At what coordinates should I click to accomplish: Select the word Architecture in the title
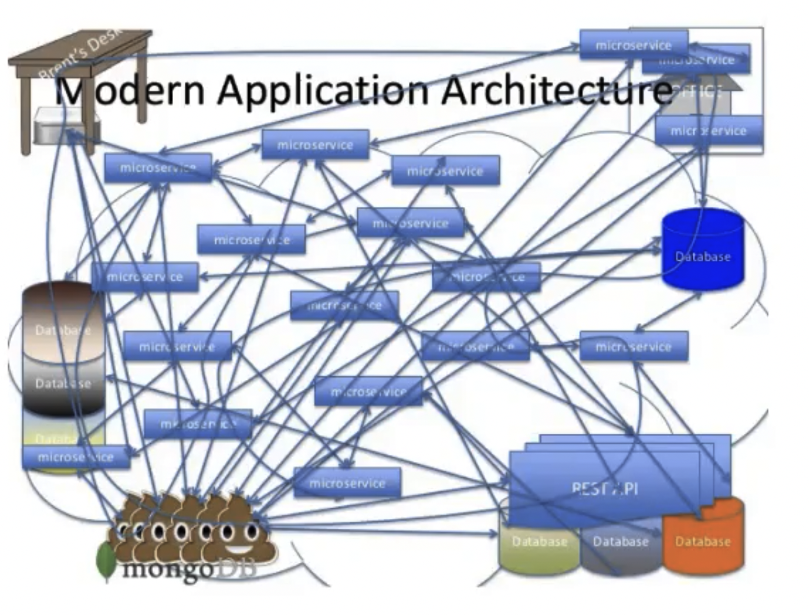(556, 90)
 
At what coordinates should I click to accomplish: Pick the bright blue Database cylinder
(703, 250)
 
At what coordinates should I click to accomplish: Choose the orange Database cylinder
(703, 537)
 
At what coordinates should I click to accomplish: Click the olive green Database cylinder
(539, 548)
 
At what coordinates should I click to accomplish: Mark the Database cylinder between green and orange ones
(620, 548)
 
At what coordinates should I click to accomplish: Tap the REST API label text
(604, 488)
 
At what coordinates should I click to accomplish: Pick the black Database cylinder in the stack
(62, 386)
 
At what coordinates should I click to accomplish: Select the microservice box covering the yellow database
(76, 458)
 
